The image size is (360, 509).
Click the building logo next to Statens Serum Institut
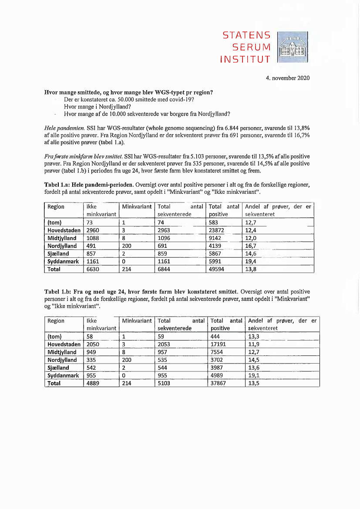292,47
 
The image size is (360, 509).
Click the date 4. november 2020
288,78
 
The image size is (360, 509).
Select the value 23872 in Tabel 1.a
217,230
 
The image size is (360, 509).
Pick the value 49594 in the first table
217,269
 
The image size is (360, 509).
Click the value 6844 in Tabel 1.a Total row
165,269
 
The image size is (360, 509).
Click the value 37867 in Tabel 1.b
219,383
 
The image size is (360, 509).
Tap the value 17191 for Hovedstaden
219,344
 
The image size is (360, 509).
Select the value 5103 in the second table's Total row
165,383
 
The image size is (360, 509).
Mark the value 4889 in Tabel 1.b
94,383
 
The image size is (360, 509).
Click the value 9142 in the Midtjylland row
216,238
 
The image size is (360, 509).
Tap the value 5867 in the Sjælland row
216,253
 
